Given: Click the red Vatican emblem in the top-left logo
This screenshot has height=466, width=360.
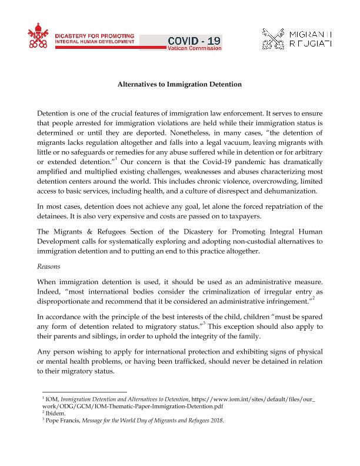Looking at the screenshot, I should coord(39,38).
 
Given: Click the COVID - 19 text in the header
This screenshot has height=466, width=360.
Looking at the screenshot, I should coord(195,40).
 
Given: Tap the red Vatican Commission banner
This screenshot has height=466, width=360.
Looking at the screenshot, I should coord(195,48).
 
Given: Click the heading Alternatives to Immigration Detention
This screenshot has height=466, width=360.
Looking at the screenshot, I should coord(180,84).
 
